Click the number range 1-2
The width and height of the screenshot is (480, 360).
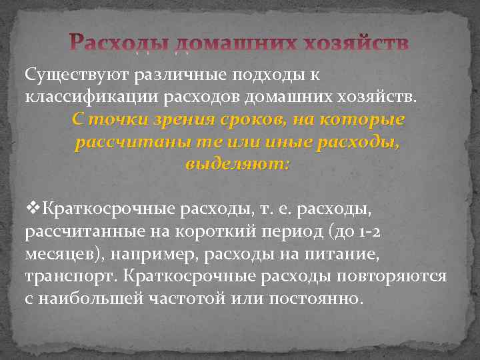366,233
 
